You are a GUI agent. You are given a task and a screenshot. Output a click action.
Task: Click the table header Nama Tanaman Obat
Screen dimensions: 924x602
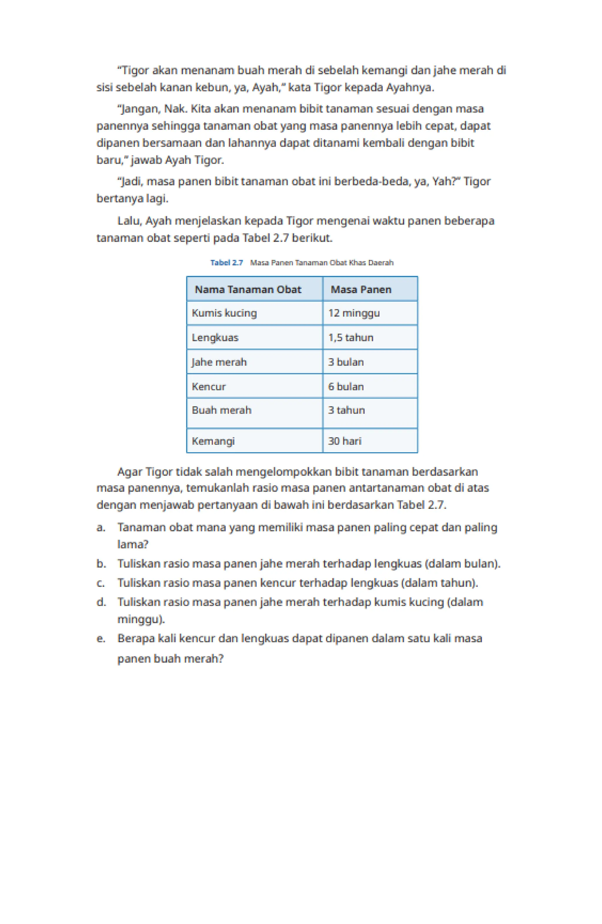click(x=247, y=289)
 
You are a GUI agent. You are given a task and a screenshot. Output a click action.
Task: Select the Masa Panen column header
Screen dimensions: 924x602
click(x=361, y=289)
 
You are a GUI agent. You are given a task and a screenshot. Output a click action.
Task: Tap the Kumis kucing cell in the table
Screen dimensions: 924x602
click(x=224, y=313)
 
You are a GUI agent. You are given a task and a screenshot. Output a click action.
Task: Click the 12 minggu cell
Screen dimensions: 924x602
click(x=354, y=313)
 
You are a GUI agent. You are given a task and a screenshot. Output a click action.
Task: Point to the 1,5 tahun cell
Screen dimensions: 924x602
click(x=350, y=337)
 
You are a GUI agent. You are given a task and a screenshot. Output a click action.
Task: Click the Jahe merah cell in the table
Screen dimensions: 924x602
click(x=219, y=362)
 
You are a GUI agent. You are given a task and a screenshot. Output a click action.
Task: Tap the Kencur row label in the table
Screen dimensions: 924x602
click(x=208, y=386)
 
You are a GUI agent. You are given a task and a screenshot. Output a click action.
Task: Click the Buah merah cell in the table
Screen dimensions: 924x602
click(x=221, y=410)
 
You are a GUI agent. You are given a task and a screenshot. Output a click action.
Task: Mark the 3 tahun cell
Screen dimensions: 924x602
click(x=346, y=410)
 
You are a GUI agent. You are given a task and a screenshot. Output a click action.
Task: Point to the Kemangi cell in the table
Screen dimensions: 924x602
click(x=213, y=441)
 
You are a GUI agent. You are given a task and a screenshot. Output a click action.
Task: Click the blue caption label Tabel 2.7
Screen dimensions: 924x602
click(x=226, y=263)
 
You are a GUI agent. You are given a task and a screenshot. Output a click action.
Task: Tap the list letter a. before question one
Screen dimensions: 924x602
click(x=101, y=528)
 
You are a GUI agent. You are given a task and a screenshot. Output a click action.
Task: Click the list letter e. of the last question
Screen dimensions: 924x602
click(x=101, y=639)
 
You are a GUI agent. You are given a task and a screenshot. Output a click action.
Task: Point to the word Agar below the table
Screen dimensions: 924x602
click(x=130, y=472)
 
